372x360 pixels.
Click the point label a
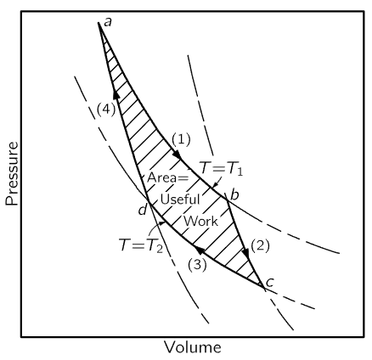click(x=108, y=22)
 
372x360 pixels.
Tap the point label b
click(x=234, y=194)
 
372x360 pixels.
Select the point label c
click(x=270, y=282)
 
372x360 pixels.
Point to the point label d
click(x=143, y=210)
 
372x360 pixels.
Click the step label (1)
click(x=181, y=139)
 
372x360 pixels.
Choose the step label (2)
click(x=260, y=245)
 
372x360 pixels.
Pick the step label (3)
click(x=197, y=265)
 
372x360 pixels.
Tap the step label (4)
click(x=106, y=110)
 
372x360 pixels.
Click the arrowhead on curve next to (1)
click(x=177, y=155)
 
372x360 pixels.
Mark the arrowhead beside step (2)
click(x=246, y=254)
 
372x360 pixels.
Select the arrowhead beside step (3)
click(x=200, y=250)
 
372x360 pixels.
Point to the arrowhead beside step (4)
click(x=116, y=94)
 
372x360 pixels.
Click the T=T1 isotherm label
click(x=222, y=169)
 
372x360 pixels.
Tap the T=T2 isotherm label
click(x=141, y=245)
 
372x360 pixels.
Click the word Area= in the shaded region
click(x=167, y=177)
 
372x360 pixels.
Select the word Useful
click(x=180, y=200)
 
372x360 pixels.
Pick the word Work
click(x=201, y=221)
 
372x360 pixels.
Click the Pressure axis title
click(x=12, y=173)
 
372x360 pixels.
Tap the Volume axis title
click(x=193, y=347)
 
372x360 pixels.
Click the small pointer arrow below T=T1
click(x=217, y=182)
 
